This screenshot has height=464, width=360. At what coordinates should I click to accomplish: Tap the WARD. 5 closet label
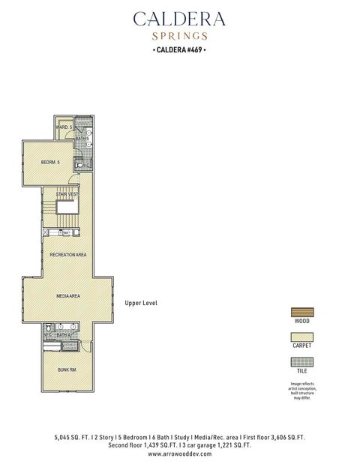tap(63, 128)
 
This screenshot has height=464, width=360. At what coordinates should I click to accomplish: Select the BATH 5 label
tap(82, 139)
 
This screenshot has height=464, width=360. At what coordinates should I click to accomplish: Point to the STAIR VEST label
tap(67, 194)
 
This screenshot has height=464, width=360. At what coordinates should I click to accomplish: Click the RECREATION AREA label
tap(68, 256)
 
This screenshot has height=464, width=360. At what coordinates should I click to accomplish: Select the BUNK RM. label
tap(67, 370)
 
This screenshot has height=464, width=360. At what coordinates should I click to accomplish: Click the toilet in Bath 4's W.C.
tap(49, 328)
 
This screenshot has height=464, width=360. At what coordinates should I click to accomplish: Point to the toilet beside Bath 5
tap(85, 166)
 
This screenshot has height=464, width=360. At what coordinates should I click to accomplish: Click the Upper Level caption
tap(141, 303)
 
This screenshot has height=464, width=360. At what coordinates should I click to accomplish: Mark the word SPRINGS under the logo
tap(179, 35)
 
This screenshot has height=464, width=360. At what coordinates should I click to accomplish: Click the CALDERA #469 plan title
tap(179, 50)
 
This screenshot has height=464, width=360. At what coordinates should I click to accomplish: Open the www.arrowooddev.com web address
tap(179, 454)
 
